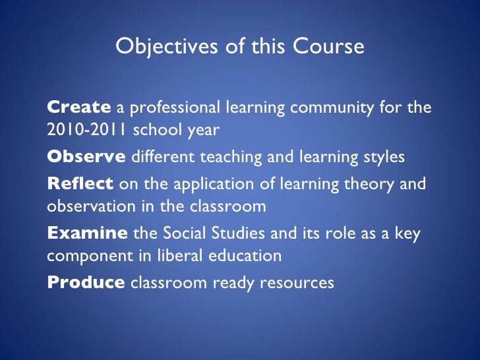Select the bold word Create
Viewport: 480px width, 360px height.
[79, 107]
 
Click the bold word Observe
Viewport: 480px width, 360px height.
[86, 158]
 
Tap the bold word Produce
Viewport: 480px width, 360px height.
[86, 282]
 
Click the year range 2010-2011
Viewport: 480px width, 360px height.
[88, 130]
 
